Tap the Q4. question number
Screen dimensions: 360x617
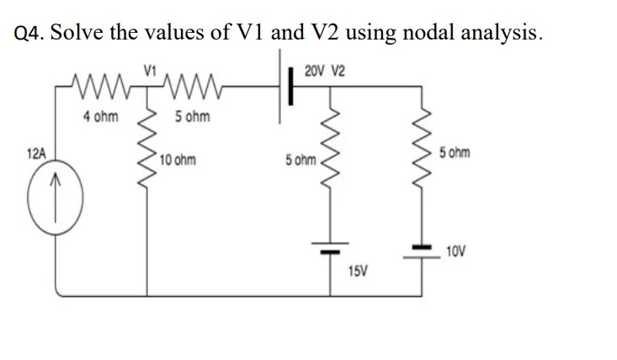click(x=31, y=34)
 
